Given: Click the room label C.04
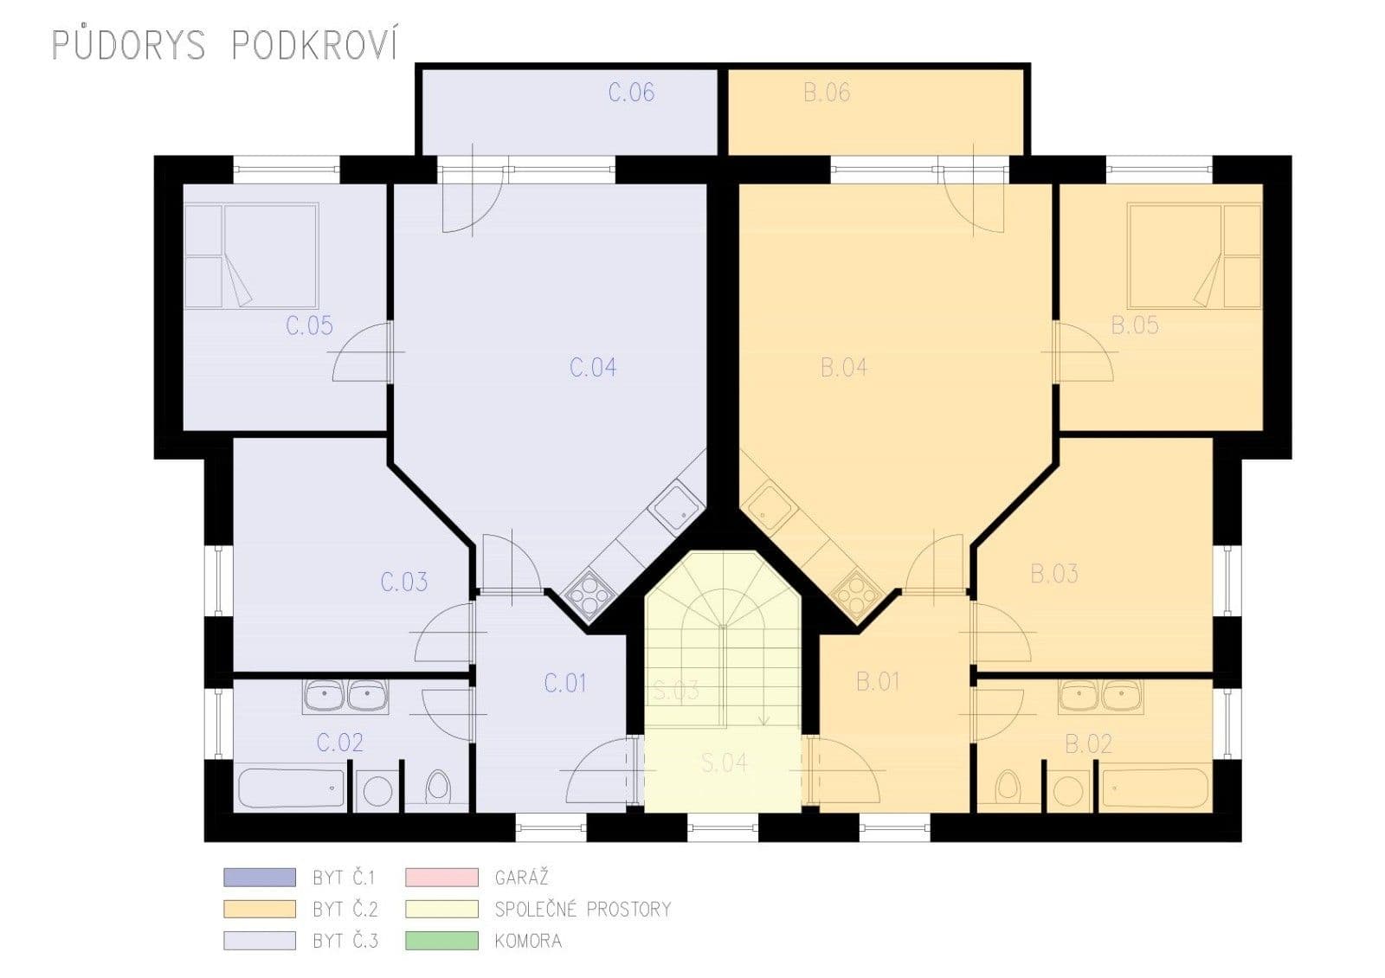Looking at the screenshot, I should [593, 367].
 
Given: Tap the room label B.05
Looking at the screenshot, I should [1134, 325].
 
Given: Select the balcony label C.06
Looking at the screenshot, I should [631, 93].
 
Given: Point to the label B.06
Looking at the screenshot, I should [827, 93].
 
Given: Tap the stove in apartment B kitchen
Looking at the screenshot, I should [857, 592].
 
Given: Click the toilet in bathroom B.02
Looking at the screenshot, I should [1007, 787].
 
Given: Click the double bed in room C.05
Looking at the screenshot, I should [251, 256].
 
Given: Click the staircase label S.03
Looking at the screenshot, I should [676, 692].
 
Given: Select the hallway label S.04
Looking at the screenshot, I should [725, 763].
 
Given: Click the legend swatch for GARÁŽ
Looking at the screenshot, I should [441, 877].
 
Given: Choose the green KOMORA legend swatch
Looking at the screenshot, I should [441, 941].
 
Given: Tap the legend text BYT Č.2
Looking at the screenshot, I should [345, 910].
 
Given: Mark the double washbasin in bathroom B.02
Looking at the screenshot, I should [1101, 696].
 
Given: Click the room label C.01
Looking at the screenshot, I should [565, 683].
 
